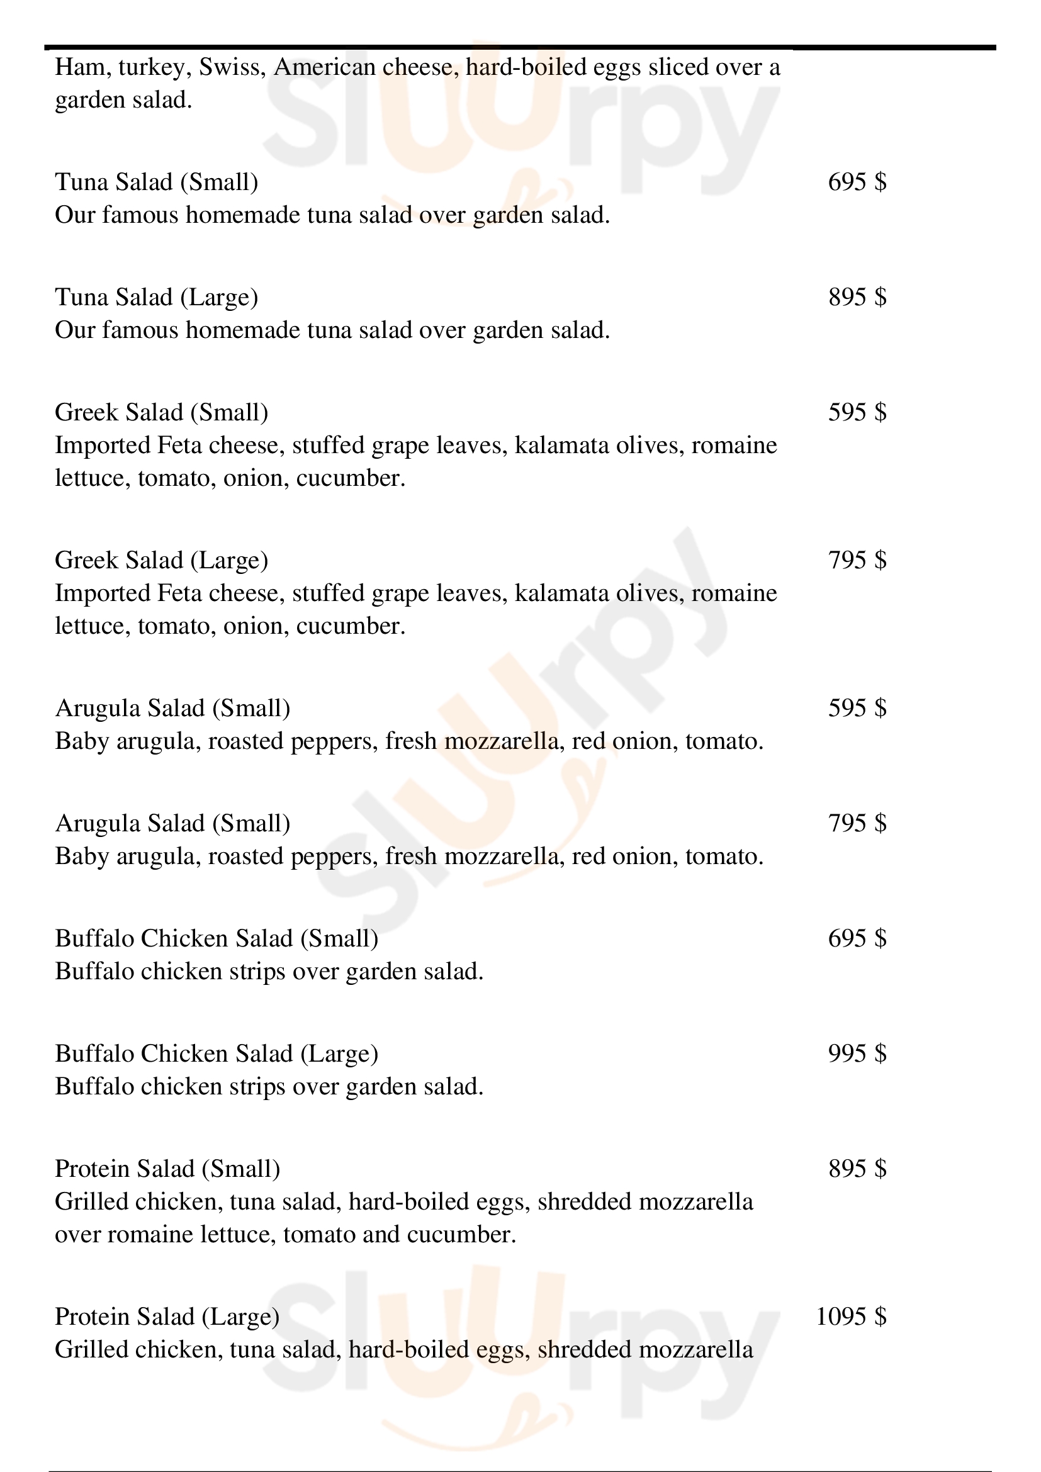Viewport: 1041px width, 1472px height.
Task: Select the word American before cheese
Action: (324, 67)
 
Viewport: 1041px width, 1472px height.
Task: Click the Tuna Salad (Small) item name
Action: (157, 182)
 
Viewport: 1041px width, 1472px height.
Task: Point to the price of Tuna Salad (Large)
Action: (857, 297)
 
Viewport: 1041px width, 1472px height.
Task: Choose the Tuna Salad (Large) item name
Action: (157, 298)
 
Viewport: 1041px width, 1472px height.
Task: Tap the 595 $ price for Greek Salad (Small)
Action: (857, 412)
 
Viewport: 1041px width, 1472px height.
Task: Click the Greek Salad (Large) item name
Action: (162, 560)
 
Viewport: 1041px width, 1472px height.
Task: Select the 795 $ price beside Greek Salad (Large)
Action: (857, 559)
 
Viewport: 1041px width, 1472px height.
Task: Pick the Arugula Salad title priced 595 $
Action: (172, 709)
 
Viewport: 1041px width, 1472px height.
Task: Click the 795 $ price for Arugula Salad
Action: (857, 823)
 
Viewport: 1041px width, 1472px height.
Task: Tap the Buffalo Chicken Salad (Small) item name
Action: (217, 938)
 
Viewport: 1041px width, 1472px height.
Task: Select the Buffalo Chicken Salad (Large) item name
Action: (217, 1054)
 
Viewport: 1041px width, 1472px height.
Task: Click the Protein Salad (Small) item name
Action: (167, 1169)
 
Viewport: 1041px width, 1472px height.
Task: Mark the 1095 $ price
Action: (852, 1316)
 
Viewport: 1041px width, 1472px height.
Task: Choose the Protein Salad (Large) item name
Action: (167, 1317)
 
